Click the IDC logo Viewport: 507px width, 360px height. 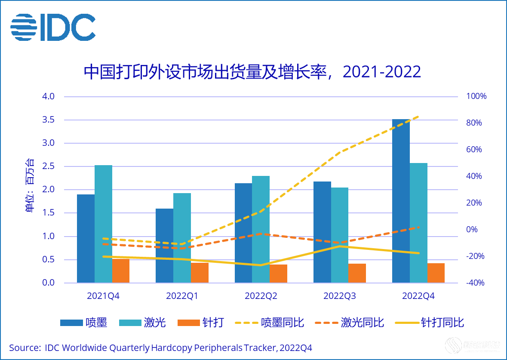coord(52,27)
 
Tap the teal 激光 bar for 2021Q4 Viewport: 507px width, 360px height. coord(103,224)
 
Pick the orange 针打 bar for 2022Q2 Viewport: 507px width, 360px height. coord(278,274)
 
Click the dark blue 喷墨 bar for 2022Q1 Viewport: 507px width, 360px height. coord(164,246)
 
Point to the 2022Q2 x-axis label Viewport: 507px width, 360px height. coord(261,296)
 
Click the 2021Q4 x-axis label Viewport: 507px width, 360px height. coord(103,296)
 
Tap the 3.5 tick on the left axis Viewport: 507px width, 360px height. coord(48,120)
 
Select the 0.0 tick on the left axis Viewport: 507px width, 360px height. coord(48,283)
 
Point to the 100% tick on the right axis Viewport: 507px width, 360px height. coord(476,96)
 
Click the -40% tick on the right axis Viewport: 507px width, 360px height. coord(475,283)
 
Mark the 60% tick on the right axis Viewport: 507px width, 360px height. coord(474,150)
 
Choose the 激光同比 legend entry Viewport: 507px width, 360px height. coord(349,323)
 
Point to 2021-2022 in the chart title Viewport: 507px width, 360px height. coord(382,72)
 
